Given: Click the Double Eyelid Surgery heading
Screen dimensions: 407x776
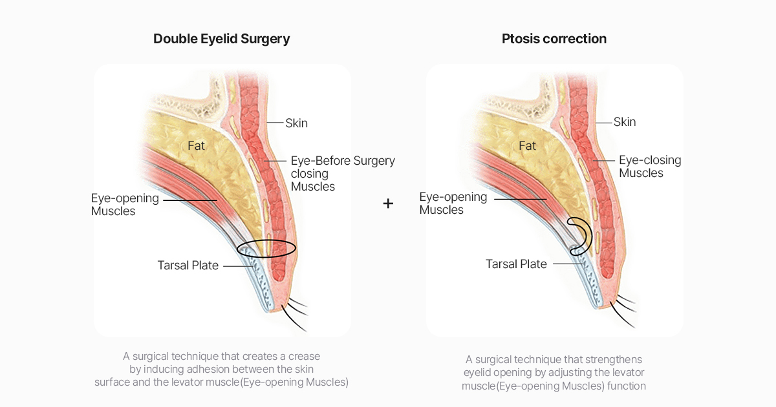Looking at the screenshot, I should [221, 39].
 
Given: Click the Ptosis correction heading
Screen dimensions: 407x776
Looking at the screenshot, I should [554, 39].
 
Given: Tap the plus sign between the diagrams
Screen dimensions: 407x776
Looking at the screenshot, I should [388, 203].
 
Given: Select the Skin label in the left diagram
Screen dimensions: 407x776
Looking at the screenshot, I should [297, 123].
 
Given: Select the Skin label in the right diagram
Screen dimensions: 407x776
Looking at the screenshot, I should [625, 121].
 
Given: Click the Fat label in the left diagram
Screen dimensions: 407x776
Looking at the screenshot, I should [197, 146].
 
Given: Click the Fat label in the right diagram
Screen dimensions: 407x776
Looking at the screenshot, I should [528, 146].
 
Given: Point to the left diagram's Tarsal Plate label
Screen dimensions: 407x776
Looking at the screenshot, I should [188, 266].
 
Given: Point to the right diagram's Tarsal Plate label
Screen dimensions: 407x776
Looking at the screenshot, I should [516, 264].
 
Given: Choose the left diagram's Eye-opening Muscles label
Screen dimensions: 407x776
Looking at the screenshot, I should [124, 204].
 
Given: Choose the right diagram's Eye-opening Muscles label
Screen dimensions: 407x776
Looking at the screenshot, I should [453, 203].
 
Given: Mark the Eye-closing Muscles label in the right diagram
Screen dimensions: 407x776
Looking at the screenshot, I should [649, 167].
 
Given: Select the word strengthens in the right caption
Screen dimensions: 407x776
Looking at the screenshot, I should [612, 359].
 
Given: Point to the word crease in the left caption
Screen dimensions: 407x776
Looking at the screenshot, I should [305, 356].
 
